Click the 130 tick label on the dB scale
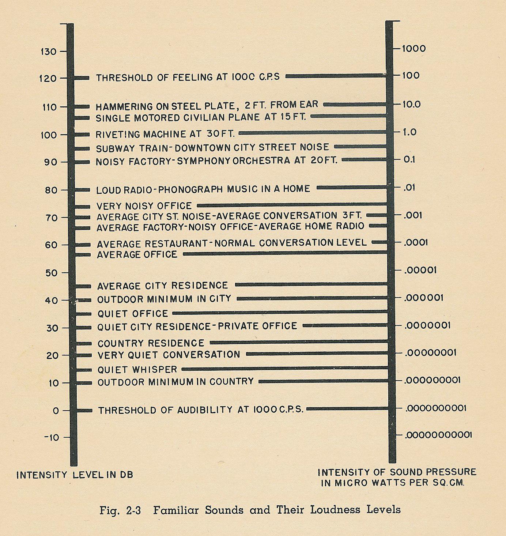[x=48, y=52]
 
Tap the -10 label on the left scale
[x=51, y=438]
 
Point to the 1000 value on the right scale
[x=414, y=49]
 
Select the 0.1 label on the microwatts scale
[x=409, y=160]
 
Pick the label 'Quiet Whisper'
[x=137, y=370]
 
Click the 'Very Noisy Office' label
[x=144, y=206]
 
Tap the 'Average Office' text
[x=137, y=254]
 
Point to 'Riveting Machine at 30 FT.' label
[x=165, y=134]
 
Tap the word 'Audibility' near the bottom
[x=205, y=410]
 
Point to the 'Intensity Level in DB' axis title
[x=75, y=475]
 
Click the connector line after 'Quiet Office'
[x=280, y=313]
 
